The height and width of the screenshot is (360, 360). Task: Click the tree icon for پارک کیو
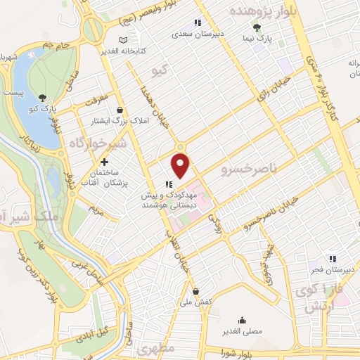coord(44,98)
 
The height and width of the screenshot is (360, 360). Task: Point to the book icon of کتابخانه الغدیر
coord(124,39)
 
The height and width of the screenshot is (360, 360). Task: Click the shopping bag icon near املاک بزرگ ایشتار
coord(120,110)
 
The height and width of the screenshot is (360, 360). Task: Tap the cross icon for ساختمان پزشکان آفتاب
coord(105,162)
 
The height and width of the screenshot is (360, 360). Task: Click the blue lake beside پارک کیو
coord(28,84)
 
